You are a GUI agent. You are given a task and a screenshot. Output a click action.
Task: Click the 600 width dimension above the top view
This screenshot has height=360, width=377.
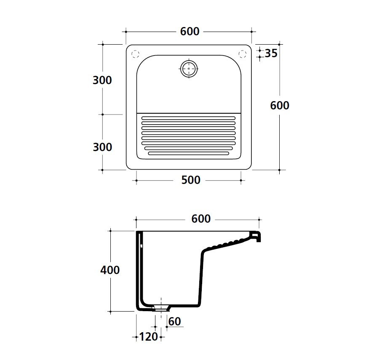coord(190,32)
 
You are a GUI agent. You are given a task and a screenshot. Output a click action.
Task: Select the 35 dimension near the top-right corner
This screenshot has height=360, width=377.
coord(271,53)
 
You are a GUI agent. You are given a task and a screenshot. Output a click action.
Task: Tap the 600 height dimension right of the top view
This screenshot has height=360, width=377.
coord(280,105)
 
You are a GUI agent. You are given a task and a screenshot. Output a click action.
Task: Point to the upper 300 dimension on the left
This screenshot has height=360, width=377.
coord(102,80)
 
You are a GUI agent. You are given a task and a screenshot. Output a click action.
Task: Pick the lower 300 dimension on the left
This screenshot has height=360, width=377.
coord(102,147)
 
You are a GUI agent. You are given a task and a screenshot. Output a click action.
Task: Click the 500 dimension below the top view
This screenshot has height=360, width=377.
coord(191,180)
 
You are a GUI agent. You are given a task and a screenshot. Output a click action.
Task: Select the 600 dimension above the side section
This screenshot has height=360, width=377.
coord(201,219)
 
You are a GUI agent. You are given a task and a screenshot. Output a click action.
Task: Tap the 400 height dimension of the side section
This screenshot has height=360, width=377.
coord(110,270)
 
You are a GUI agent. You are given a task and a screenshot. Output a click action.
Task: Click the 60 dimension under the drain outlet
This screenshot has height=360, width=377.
coord(174,321)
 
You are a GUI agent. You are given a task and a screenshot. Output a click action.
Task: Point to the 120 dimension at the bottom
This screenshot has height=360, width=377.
coord(149,337)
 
